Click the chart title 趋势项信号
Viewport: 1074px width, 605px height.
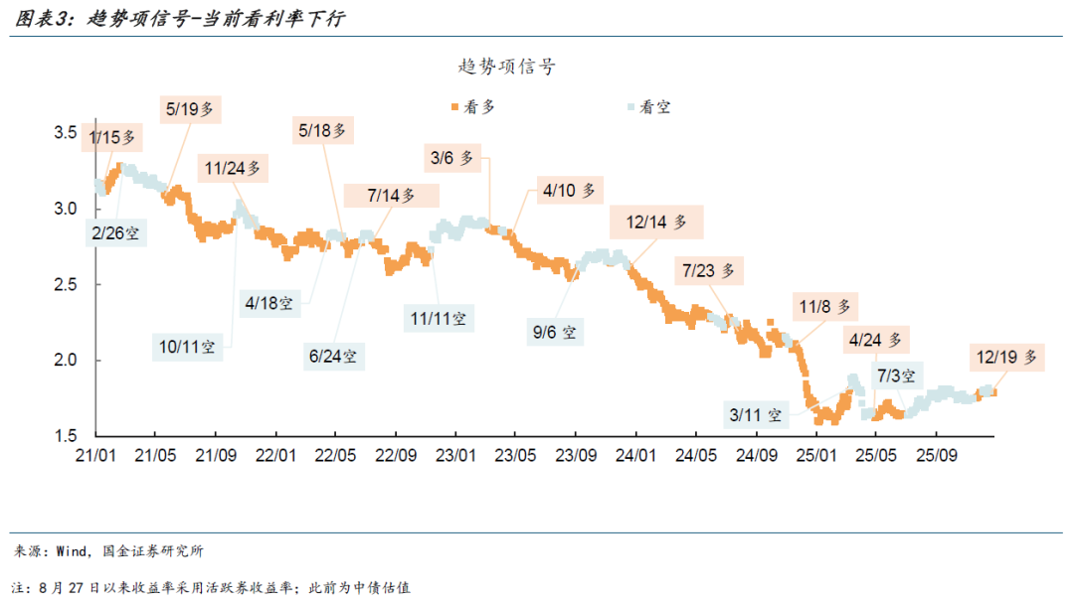tap(507, 67)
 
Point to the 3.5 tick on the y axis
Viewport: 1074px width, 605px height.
tap(66, 132)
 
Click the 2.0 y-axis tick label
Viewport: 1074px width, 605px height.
tap(66, 360)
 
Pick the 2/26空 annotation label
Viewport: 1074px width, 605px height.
tap(116, 233)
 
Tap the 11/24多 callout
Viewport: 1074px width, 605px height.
tap(233, 169)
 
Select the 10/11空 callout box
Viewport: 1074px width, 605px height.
tap(187, 347)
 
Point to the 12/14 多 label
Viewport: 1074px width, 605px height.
tap(656, 223)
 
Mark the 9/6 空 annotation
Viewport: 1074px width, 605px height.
tap(555, 333)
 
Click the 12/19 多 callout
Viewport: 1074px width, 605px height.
tap(1006, 356)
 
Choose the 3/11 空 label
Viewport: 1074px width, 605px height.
tap(756, 413)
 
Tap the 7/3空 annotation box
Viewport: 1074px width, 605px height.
tap(897, 376)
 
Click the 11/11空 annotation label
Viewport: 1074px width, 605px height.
tap(439, 318)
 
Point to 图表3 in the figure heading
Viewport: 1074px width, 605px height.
tap(42, 19)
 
